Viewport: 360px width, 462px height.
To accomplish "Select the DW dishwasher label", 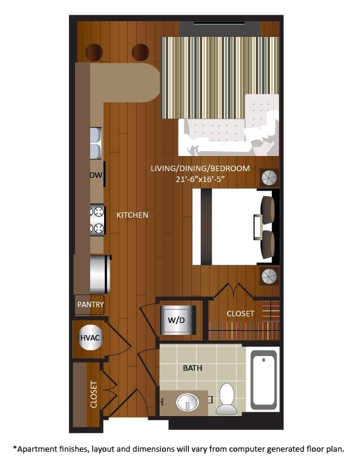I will click(x=95, y=175).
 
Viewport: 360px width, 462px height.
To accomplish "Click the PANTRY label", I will click(x=90, y=305).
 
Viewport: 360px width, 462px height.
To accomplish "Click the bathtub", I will click(x=263, y=379).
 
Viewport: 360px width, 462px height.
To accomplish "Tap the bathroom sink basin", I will click(x=188, y=402).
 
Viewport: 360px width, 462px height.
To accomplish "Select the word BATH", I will click(x=192, y=368).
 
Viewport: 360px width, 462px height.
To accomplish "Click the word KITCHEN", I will click(x=133, y=215).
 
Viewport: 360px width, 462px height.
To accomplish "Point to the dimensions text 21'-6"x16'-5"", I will click(x=200, y=179).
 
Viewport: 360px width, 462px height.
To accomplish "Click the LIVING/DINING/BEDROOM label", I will click(x=200, y=168).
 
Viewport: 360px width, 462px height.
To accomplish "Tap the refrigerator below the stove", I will click(x=99, y=274).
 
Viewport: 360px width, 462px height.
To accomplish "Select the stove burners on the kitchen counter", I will click(x=97, y=220).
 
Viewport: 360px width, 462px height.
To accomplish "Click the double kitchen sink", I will click(x=96, y=142).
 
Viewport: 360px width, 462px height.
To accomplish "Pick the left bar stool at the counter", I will click(x=94, y=53).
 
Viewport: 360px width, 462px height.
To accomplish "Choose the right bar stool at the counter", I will click(x=140, y=53).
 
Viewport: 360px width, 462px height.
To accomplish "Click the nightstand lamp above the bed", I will click(x=269, y=177).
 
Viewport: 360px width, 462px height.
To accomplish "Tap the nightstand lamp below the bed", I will click(x=269, y=276).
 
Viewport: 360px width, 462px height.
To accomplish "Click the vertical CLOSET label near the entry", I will click(x=94, y=394).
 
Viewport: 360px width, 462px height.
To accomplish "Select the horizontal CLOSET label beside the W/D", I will click(x=240, y=314).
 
